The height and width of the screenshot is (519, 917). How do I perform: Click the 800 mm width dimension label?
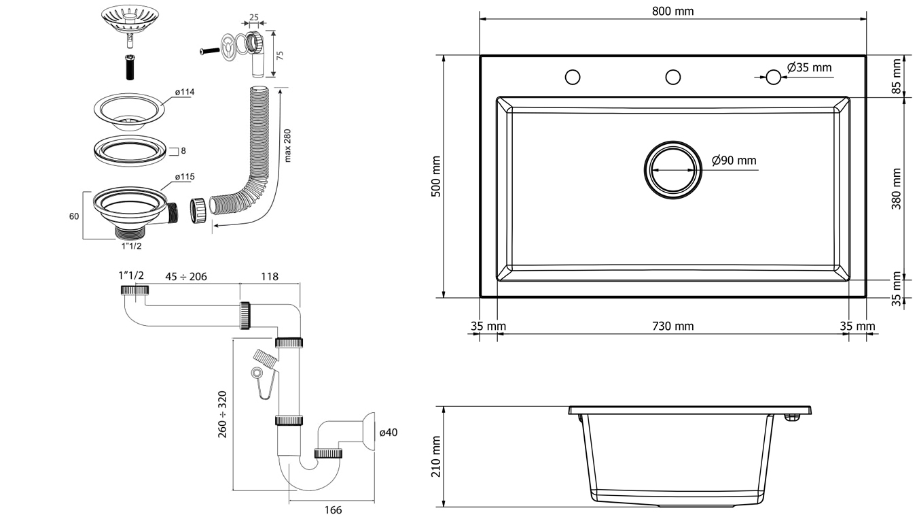coord(672,11)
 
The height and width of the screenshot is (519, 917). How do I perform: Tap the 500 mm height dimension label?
coord(436,177)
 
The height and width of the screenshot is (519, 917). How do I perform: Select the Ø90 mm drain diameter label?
coord(734,161)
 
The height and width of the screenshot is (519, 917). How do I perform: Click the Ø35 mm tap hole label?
coord(809,67)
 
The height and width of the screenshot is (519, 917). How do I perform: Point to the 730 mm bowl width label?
coord(672,327)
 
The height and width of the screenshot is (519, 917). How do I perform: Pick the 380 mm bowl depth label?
coord(897,188)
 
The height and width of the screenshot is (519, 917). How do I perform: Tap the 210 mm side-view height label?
coord(436,456)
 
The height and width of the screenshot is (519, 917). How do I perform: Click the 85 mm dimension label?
coord(897,76)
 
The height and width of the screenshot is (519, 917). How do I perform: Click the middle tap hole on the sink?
coord(672,77)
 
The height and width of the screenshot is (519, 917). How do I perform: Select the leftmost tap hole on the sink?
coord(573,77)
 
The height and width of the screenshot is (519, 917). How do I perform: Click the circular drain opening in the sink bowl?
coord(672,170)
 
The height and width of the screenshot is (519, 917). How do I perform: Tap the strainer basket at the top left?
coord(130,20)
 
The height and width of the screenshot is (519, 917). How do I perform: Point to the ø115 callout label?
coord(184,177)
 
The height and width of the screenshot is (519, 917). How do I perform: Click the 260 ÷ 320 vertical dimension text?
coord(222,414)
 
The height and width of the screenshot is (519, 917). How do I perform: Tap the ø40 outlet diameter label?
coord(388,432)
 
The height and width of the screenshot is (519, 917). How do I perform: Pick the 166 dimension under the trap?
coord(332,510)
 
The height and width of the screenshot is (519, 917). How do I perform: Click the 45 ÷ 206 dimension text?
coord(186,276)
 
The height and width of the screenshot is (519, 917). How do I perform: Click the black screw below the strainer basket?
coord(129,68)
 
